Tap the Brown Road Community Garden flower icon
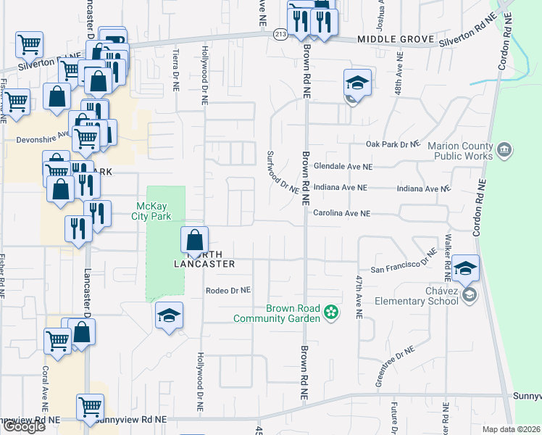point(332,312)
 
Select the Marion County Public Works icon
point(505,151)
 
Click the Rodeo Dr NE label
point(228,290)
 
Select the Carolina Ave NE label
point(342,214)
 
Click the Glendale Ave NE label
point(342,166)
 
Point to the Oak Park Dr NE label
point(393,144)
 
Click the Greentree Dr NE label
point(395,366)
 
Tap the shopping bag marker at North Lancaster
point(195,241)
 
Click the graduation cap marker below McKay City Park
point(169,316)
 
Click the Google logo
point(24,426)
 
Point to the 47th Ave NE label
point(358,297)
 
